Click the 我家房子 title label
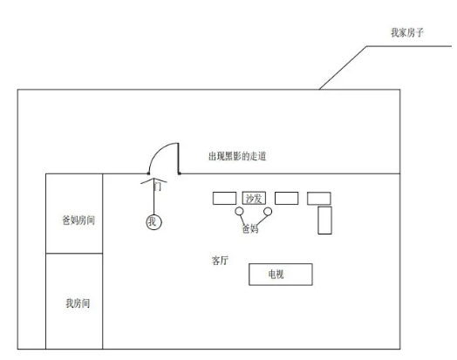[x=407, y=32]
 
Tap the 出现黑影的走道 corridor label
[x=237, y=156]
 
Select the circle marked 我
[x=153, y=222]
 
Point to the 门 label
[x=158, y=187]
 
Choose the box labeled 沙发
[x=254, y=198]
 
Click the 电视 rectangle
[x=281, y=275]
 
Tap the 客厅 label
[x=220, y=261]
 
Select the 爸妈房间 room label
[x=78, y=221]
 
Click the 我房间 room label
[x=78, y=303]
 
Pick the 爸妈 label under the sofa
[x=250, y=229]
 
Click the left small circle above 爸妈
[x=239, y=211]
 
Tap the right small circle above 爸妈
[x=268, y=211]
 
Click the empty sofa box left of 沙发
[x=224, y=198]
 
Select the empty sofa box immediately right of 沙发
[x=287, y=198]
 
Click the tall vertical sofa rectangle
[x=324, y=221]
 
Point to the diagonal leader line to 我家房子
[x=343, y=68]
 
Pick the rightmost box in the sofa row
[x=319, y=199]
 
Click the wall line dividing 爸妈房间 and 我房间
[x=74, y=254]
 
